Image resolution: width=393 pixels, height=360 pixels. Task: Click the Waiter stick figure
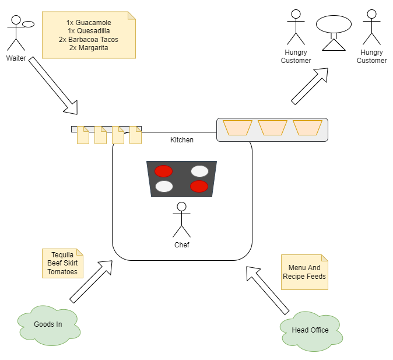[16, 34]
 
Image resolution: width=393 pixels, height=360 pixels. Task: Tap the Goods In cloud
[48, 324]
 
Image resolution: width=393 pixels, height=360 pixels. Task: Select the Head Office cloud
[310, 330]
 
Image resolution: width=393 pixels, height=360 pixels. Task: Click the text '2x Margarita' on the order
[89, 48]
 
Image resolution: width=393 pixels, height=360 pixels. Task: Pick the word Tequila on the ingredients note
[62, 255]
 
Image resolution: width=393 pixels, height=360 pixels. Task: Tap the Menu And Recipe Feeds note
[304, 272]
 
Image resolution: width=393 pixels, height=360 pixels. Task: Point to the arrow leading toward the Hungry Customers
[310, 86]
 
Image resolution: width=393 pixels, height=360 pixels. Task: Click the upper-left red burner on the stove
[164, 171]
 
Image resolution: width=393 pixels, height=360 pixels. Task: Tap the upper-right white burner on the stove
[199, 171]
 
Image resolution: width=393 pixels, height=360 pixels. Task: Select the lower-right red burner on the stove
[199, 186]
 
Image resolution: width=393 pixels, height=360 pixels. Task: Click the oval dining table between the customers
[334, 25]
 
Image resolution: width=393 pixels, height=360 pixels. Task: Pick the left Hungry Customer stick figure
[296, 27]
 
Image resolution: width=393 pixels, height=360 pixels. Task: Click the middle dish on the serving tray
[272, 128]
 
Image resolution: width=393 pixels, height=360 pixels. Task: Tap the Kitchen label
[182, 140]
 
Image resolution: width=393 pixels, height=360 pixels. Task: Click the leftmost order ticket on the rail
[83, 135]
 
